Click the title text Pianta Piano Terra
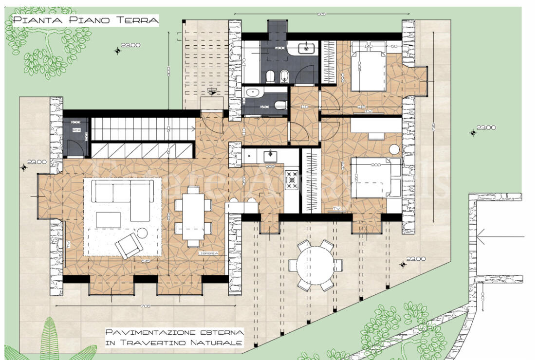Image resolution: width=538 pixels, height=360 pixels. coord(86,20)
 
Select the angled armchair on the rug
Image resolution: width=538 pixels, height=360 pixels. coord(129,245)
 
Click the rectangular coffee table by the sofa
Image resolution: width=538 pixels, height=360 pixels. coord(108,220)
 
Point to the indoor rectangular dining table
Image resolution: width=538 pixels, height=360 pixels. coord(193,217)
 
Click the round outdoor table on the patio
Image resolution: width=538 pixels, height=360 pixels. coord(315,265)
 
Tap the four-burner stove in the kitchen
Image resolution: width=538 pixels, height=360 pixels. coord(291,180)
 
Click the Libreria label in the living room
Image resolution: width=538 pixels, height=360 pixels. coord(207,253)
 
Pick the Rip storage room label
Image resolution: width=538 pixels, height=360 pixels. coord(76,130)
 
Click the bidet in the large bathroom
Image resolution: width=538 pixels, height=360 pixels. coord(285,76)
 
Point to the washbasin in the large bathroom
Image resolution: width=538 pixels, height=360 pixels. coord(307,48)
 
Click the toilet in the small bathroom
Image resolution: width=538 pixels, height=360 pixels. coord(280,105)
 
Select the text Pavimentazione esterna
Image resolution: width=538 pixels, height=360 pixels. coord(174,332)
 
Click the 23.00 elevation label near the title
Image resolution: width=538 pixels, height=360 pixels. coord(130,45)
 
